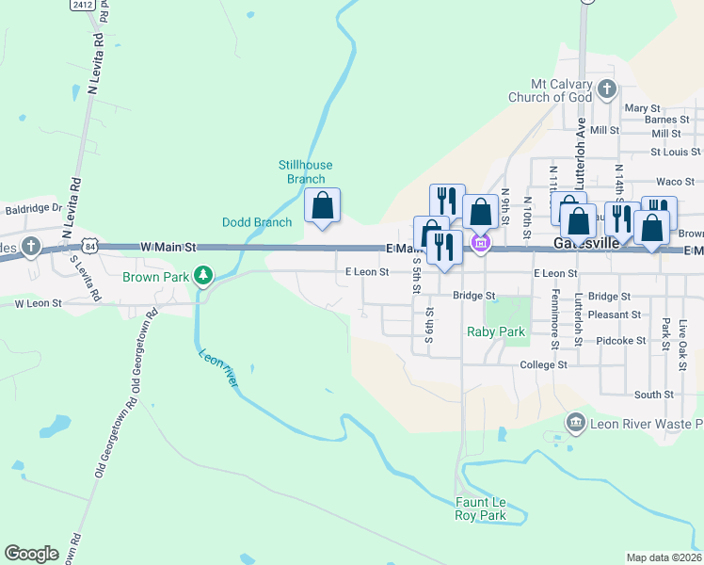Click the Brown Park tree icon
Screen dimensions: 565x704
202,276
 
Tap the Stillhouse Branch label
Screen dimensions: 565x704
306,172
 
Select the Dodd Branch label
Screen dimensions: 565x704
257,222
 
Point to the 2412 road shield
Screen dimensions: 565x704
81,5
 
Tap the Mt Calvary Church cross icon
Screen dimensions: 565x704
607,89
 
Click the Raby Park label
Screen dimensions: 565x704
496,331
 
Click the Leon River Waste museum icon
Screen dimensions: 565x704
575,424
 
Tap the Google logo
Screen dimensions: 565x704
31,554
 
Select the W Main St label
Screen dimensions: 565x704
168,247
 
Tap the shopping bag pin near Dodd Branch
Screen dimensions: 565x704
322,206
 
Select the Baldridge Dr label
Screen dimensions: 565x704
33,208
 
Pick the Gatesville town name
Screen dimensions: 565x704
585,242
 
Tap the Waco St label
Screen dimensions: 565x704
675,182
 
